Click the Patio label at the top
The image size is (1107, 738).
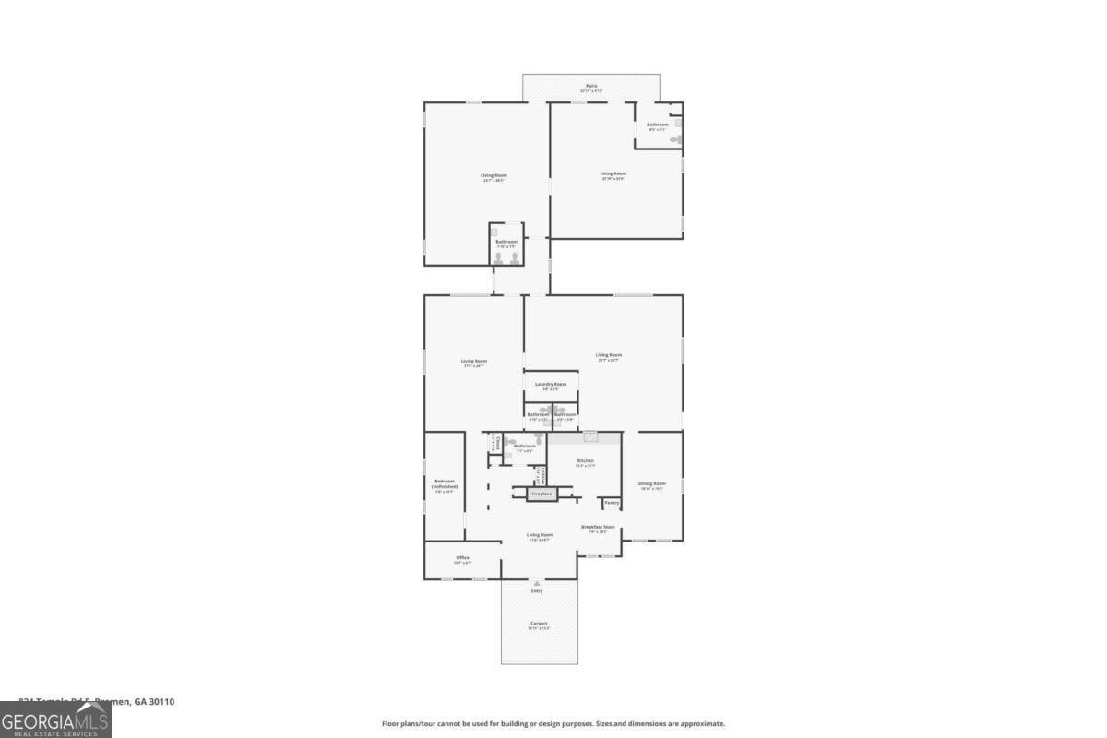[591, 86]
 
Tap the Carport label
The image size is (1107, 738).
[539, 624]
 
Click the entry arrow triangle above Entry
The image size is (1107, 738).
[537, 584]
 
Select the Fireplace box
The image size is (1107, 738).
[542, 494]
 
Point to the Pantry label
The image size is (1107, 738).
[612, 503]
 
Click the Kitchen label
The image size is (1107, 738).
[585, 460]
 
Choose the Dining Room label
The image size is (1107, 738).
[652, 483]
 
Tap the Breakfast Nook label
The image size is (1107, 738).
[598, 527]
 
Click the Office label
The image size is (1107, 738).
[463, 557]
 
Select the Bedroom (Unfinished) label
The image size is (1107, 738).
[446, 483]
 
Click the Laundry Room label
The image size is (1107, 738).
[551, 384]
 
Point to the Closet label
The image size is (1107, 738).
[496, 443]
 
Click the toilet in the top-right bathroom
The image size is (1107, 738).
[676, 139]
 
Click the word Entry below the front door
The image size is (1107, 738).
[537, 591]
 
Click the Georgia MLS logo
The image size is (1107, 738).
[55, 720]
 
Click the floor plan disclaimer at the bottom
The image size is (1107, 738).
[553, 724]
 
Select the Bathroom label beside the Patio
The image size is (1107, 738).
[658, 125]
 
